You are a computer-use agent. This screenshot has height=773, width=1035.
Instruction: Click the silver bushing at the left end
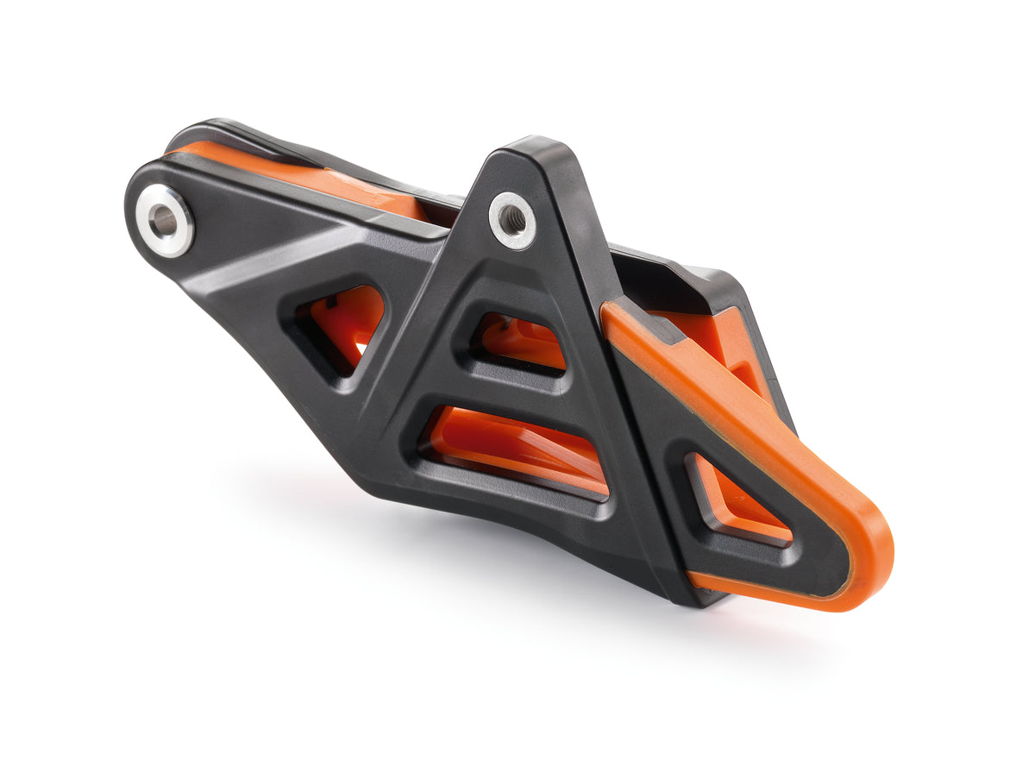(164, 220)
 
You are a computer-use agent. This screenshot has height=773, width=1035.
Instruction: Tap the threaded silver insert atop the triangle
(513, 220)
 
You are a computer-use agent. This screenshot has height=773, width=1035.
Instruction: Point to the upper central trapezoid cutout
(517, 340)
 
